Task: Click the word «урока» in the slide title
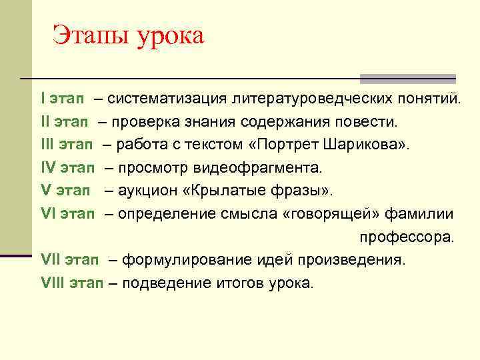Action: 170,36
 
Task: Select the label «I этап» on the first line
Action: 62,100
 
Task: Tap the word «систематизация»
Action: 167,100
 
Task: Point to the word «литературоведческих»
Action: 306,100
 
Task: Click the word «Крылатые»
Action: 225,191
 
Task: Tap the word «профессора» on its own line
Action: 406,237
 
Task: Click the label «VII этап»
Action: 70,259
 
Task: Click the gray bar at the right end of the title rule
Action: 407,79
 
